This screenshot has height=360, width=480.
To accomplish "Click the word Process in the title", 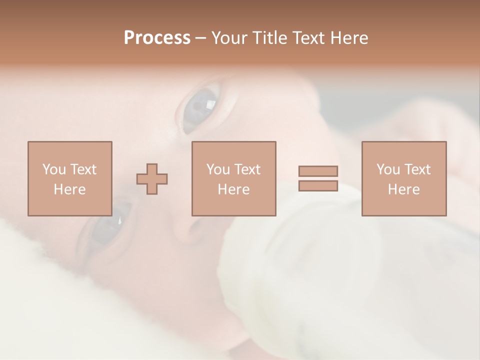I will (157, 38).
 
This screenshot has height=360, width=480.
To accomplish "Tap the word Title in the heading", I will (270, 38).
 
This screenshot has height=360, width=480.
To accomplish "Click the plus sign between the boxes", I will (152, 179).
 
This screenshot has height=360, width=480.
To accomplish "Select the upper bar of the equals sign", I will (318, 171).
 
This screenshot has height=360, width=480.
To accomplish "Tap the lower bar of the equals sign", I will (318, 186).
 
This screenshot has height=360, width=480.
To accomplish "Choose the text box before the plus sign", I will (70, 178).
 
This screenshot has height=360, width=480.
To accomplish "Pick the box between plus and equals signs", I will (234, 178).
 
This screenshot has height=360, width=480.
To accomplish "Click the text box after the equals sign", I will (404, 178).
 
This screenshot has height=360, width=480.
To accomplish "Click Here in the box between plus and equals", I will (234, 189).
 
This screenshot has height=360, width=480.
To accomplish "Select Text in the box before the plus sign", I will (83, 169).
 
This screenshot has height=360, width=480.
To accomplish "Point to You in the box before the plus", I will (54, 169).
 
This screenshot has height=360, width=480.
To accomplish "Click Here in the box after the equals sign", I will (404, 189).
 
